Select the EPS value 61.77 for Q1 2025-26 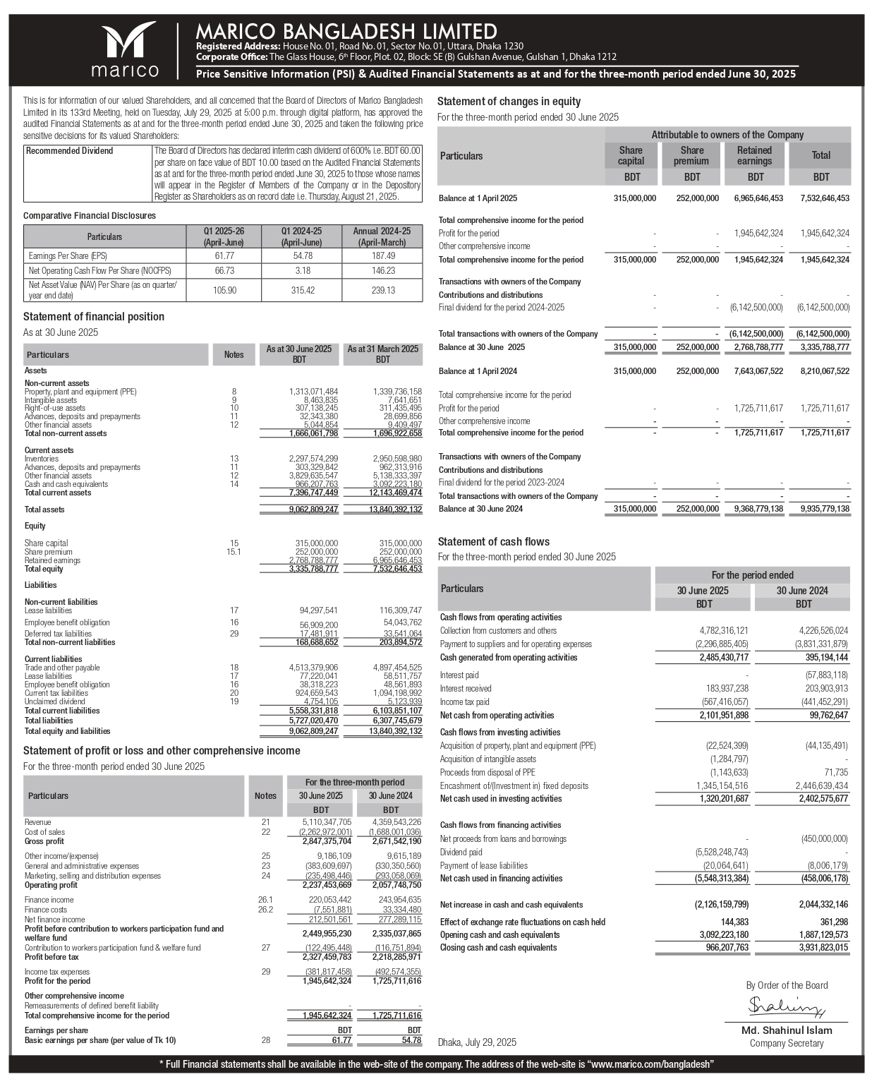point(224,255)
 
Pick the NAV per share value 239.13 point(382,290)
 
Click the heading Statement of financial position point(94,317)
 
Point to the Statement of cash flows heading point(493,542)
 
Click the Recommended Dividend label point(69,151)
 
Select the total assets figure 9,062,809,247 point(313,510)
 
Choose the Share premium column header point(691,155)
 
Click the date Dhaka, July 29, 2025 point(477,1042)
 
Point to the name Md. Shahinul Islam point(786,1030)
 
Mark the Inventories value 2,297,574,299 point(313,459)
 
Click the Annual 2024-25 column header point(382,236)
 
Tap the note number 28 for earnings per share point(265,1040)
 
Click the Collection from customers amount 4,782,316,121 point(723,631)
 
